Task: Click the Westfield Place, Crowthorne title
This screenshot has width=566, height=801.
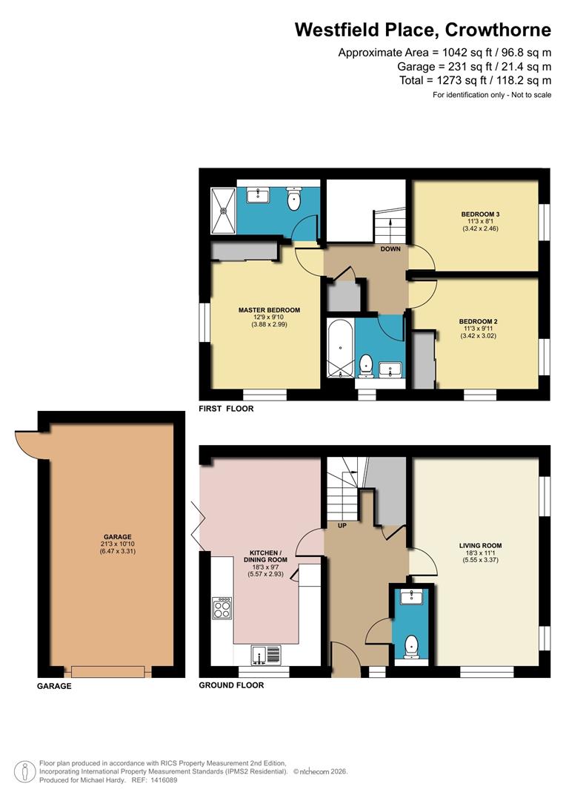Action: tap(423, 30)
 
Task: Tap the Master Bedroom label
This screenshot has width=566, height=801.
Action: tap(269, 310)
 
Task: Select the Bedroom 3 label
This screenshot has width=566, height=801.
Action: tap(476, 214)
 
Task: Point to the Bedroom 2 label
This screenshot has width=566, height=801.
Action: tap(475, 321)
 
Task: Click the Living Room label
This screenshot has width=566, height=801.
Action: tap(480, 545)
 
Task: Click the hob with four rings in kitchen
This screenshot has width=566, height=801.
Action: tap(222, 608)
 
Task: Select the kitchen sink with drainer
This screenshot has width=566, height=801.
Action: tap(267, 654)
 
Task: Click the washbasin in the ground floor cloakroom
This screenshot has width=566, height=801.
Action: tap(410, 597)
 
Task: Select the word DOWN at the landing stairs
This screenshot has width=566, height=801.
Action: tap(390, 249)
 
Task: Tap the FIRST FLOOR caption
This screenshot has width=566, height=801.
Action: tap(223, 409)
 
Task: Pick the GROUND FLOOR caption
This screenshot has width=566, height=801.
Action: tap(231, 685)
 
